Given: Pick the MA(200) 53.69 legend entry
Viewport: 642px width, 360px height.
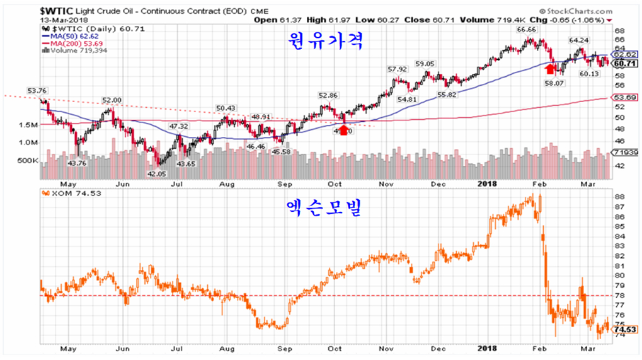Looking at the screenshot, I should coord(70,43).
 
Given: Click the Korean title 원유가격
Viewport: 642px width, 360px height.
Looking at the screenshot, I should coord(326,43).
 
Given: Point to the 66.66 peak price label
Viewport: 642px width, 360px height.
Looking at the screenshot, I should coord(527,30).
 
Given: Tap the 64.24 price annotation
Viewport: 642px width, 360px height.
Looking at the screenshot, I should coord(578,40).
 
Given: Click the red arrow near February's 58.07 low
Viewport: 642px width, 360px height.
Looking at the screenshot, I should coord(550,68).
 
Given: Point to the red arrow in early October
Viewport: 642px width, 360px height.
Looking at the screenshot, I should coord(343,129).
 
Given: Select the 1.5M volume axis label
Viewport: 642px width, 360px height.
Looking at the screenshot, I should coord(28,125).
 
